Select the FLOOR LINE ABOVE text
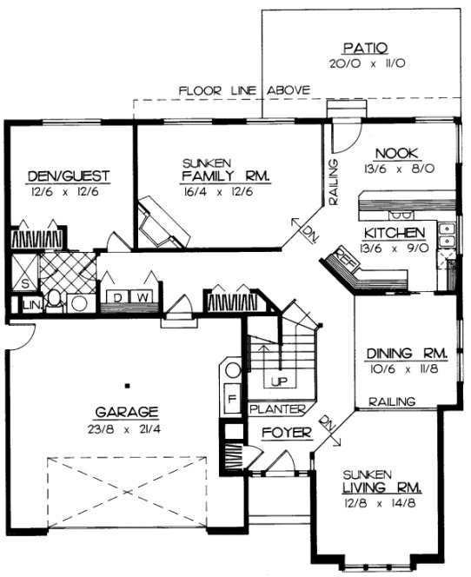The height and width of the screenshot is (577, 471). [239, 90]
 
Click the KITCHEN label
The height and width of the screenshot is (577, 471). [394, 233]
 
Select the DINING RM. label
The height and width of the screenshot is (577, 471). [406, 354]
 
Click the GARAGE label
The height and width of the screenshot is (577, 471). [127, 411]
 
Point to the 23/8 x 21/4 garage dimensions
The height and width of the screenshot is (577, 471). [127, 428]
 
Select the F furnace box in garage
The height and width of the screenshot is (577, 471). [232, 401]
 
